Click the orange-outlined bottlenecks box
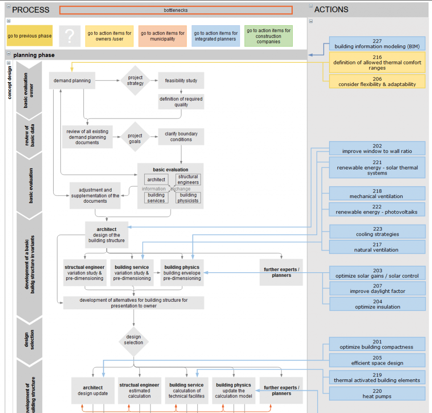point(175,10)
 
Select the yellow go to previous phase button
point(30,36)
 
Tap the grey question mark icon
point(70,36)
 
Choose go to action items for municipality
point(162,36)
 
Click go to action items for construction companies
point(268,36)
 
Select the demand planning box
point(72,80)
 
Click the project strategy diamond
point(135,80)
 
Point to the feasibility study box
point(181,80)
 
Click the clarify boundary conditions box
point(181,137)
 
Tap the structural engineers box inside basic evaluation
point(188,180)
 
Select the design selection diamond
point(133,340)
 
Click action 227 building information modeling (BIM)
point(377,44)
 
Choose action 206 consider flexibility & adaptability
point(377,82)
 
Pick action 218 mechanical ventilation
point(377,194)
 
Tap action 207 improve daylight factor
point(377,289)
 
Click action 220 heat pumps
point(377,394)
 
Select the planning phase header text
point(34,55)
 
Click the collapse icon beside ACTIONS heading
point(311,6)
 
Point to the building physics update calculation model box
point(233,391)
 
